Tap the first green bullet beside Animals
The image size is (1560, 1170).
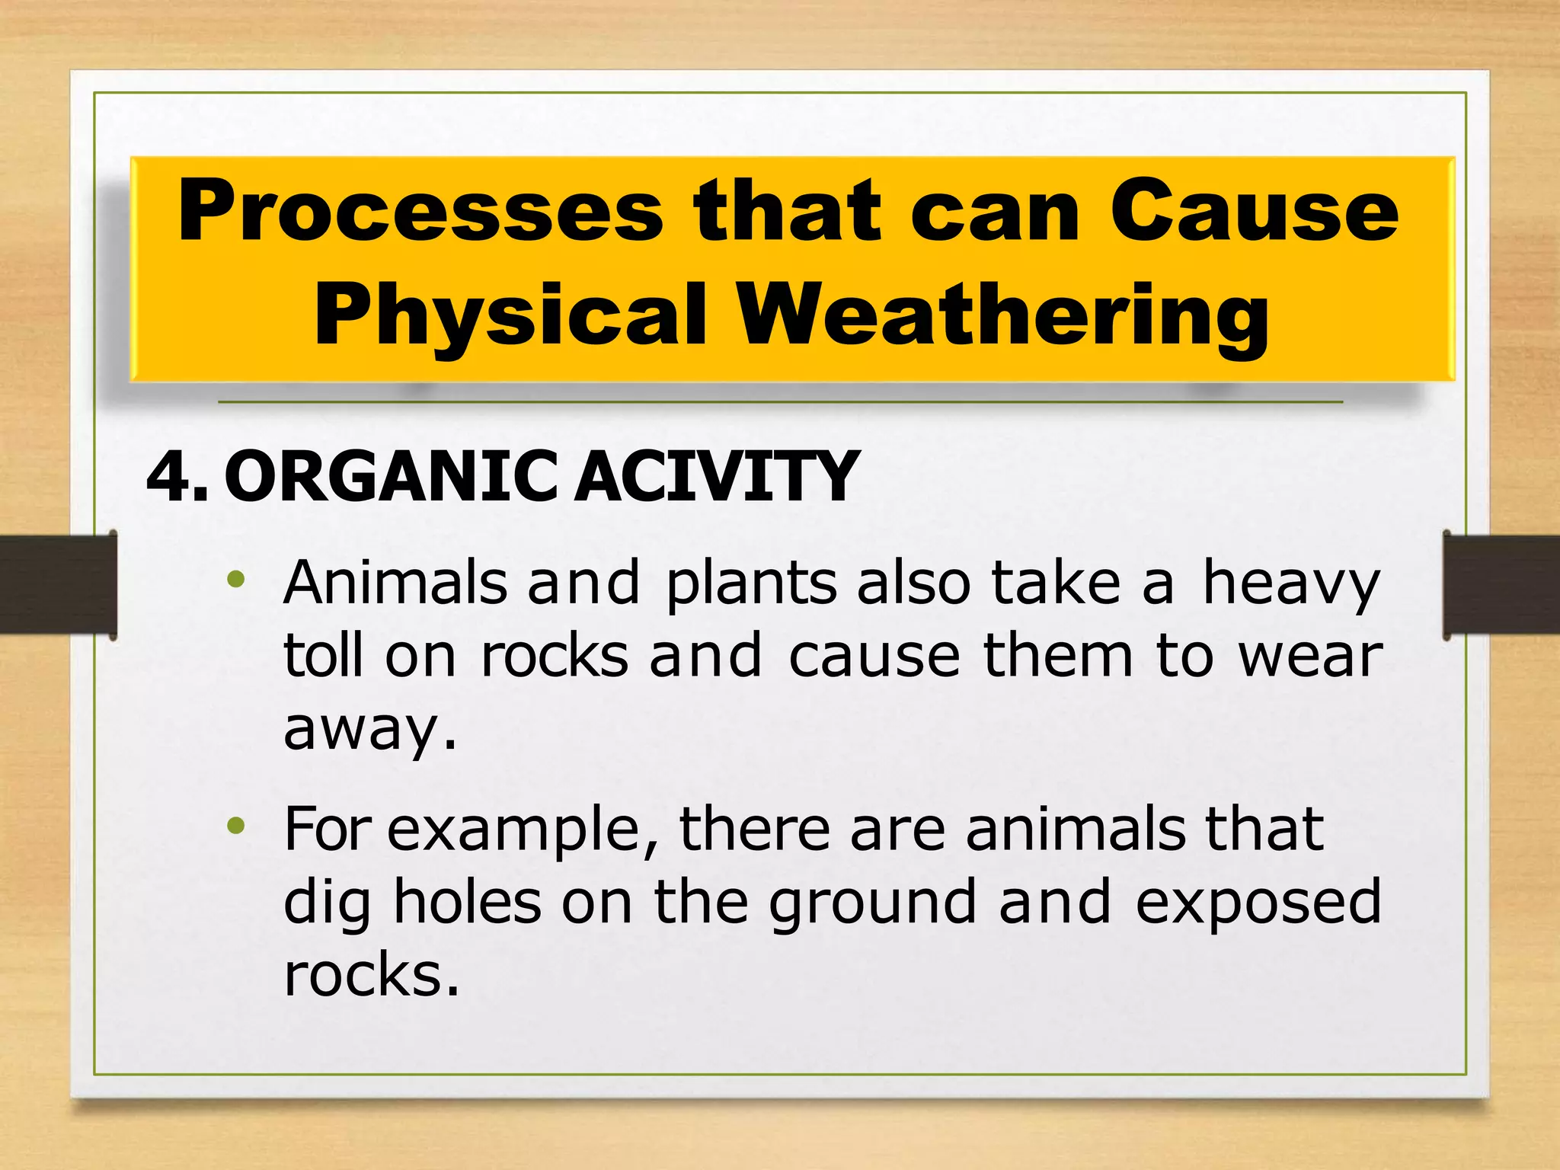[x=236, y=580]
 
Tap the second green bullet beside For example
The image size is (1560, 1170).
[x=236, y=826]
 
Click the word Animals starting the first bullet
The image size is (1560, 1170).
[x=395, y=583]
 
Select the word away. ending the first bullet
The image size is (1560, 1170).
[x=369, y=730]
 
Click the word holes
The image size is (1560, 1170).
[x=466, y=902]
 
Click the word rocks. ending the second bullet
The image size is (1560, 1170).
[x=372, y=975]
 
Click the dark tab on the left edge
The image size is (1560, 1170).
[x=58, y=584]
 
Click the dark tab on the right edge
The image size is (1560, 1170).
[x=1501, y=584]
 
